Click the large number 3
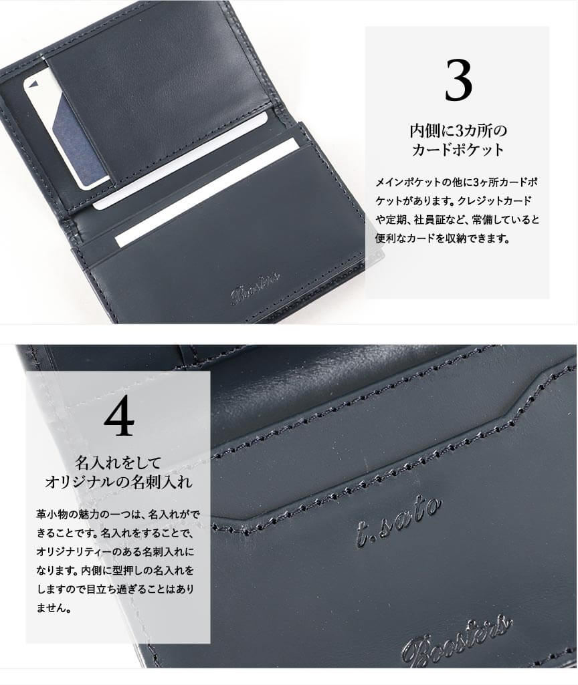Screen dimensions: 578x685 pos(458,80)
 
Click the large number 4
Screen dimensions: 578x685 pos(118,416)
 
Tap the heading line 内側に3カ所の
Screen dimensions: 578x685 pos(458,130)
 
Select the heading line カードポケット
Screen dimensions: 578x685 pos(458,150)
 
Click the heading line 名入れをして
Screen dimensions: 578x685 pos(118,462)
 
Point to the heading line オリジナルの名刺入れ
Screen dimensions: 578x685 pos(118,483)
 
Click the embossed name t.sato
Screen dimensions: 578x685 pos(398,523)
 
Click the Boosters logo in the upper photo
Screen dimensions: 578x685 pos(255,288)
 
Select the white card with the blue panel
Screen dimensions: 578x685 pos(66,131)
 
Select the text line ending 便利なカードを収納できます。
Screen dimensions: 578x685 pos(442,239)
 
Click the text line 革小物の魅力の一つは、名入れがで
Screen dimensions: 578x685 pos(118,515)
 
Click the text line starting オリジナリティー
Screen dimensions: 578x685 pos(115,552)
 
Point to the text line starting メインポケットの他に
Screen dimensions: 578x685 pos(456,182)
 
